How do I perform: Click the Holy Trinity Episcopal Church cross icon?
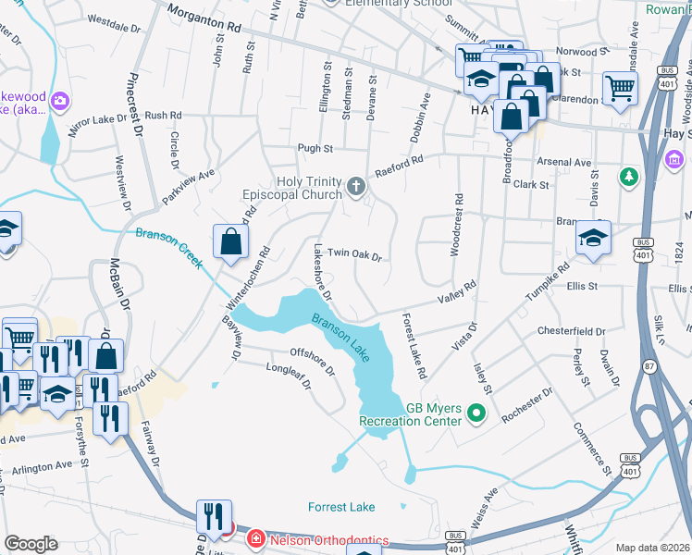355,188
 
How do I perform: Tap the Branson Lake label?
341,339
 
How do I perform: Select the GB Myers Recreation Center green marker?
477,413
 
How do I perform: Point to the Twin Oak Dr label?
354,253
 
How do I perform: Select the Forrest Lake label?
341,507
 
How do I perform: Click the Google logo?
31,544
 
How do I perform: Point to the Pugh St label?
315,148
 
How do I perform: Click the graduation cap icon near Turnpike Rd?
592,237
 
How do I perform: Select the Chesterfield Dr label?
571,330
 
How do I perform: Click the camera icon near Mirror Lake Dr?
61,100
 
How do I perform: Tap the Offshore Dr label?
312,359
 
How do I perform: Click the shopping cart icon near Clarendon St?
620,88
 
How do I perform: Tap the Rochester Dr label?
526,404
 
